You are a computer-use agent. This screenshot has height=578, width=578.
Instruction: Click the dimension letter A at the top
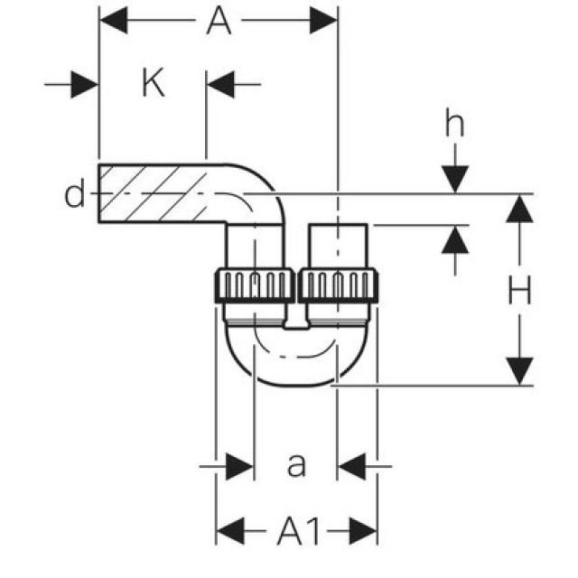click(x=218, y=20)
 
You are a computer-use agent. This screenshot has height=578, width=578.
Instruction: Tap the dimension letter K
click(x=154, y=84)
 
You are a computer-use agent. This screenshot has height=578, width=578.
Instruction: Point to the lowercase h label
click(x=454, y=125)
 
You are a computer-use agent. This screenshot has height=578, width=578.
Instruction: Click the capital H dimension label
click(x=517, y=291)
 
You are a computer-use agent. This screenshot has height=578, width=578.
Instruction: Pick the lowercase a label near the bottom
click(x=296, y=466)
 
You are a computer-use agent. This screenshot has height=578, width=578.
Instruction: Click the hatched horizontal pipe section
click(x=154, y=194)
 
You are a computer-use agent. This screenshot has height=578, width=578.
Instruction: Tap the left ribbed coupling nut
click(x=255, y=285)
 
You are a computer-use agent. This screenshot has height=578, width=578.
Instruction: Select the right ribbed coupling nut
click(x=338, y=285)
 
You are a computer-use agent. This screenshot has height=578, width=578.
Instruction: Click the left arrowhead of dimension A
click(x=111, y=20)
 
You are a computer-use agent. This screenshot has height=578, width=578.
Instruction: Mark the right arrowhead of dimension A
click(x=323, y=20)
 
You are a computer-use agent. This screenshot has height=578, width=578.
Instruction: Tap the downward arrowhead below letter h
click(x=455, y=180)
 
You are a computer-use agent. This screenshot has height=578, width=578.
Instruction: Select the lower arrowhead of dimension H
click(x=517, y=370)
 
